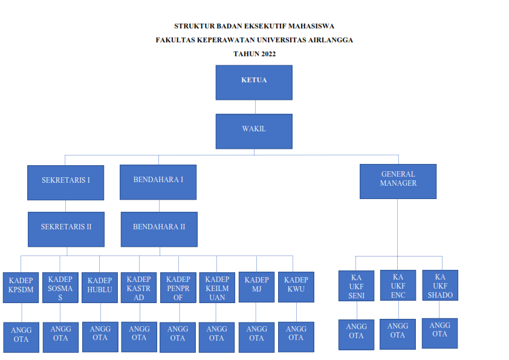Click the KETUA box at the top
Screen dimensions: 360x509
tap(254, 82)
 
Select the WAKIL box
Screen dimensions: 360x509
tap(254, 131)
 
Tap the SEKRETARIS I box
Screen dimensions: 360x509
tap(65, 182)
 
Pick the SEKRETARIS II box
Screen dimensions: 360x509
tap(66, 229)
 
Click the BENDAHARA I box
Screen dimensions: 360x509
tap(158, 182)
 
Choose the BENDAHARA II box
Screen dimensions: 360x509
tap(159, 229)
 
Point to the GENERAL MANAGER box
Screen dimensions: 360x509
tap(398, 181)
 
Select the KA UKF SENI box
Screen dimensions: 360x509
tap(356, 286)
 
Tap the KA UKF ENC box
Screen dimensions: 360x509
tap(398, 286)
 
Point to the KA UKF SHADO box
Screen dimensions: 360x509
tap(440, 286)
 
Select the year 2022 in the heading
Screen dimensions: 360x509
tap(269, 54)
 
